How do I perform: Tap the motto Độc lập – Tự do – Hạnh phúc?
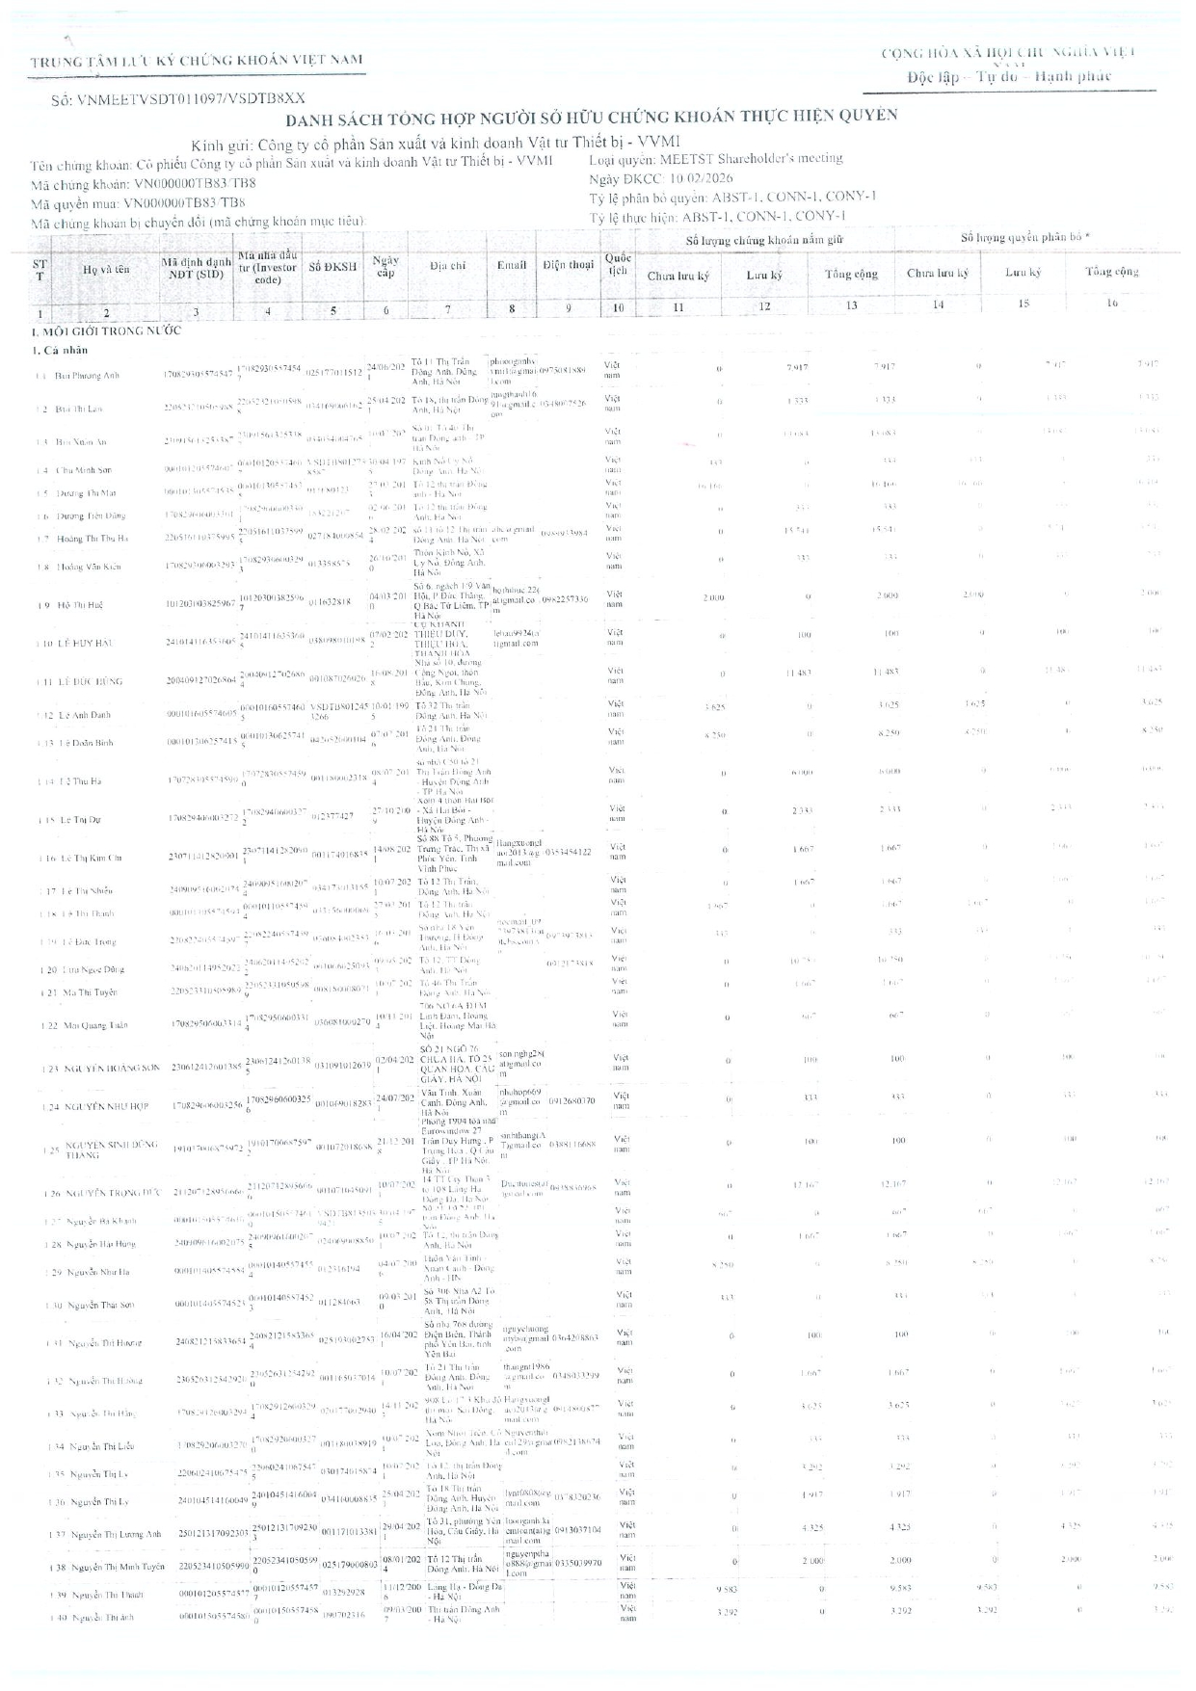click(1009, 76)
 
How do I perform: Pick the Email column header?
click(512, 264)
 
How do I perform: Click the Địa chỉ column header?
click(447, 264)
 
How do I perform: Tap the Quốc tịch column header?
click(618, 264)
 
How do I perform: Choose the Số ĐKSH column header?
click(332, 267)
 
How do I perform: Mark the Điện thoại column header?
click(568, 264)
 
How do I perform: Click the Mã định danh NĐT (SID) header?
click(196, 267)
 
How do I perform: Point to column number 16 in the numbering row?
click(1112, 303)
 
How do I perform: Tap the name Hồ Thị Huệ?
click(79, 605)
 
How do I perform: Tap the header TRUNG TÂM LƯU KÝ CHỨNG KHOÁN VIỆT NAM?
click(197, 61)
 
